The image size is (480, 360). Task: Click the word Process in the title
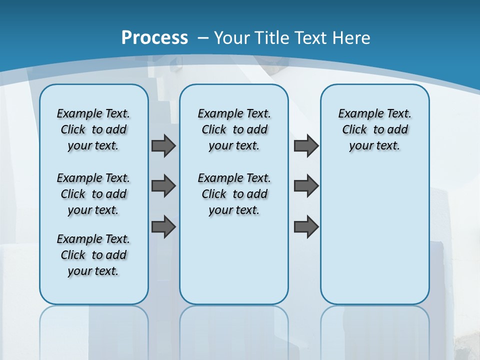pyautogui.click(x=154, y=38)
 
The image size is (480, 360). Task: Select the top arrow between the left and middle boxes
pyautogui.click(x=163, y=146)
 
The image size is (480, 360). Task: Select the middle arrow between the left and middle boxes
pyautogui.click(x=163, y=186)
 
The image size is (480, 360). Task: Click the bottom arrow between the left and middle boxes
pyautogui.click(x=163, y=226)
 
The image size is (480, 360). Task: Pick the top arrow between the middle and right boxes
pyautogui.click(x=306, y=146)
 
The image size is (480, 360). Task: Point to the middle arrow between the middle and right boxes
pyautogui.click(x=306, y=186)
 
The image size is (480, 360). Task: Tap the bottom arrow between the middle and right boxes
pyautogui.click(x=306, y=226)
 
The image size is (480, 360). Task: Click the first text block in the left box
pyautogui.click(x=93, y=129)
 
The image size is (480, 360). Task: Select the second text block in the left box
pyautogui.click(x=93, y=194)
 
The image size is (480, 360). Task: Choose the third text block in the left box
pyautogui.click(x=93, y=255)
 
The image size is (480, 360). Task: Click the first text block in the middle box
pyautogui.click(x=234, y=129)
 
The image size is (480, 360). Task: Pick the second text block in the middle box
pyautogui.click(x=234, y=194)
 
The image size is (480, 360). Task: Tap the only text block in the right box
pyautogui.click(x=374, y=129)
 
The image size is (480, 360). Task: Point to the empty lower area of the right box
pyautogui.click(x=374, y=235)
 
